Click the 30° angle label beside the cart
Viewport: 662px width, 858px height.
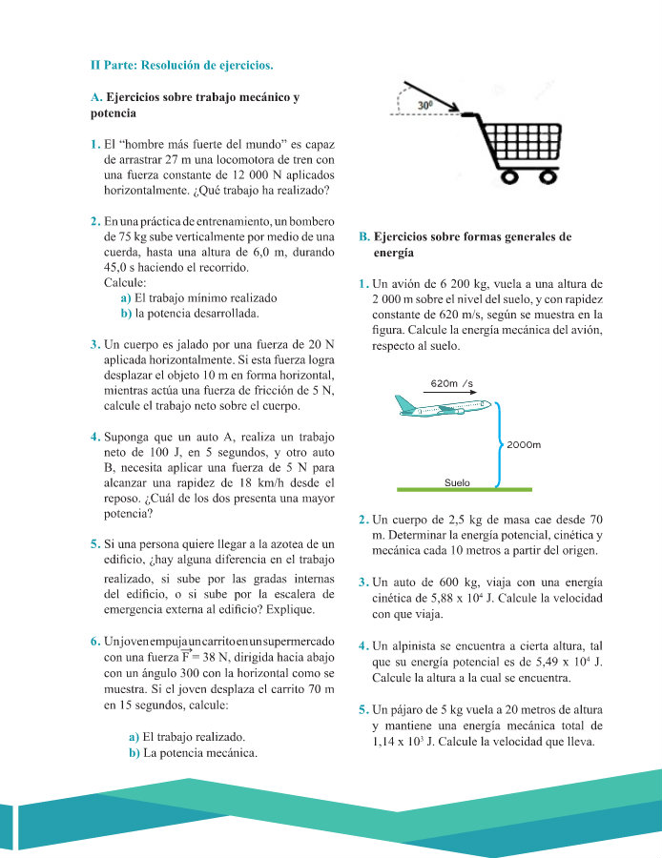(x=424, y=105)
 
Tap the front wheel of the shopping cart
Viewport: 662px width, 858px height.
(x=548, y=176)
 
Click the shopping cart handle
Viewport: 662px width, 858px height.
(x=469, y=114)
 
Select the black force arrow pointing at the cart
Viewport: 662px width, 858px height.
(x=431, y=96)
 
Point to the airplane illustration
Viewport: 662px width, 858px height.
(x=443, y=405)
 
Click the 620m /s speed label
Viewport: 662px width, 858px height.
(x=452, y=383)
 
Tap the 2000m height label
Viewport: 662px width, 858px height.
(x=524, y=444)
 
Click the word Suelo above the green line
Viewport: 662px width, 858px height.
(x=457, y=482)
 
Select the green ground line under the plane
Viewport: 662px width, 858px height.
(x=465, y=489)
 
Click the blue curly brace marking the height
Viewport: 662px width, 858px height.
(x=499, y=444)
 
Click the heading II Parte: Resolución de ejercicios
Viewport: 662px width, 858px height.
(x=182, y=65)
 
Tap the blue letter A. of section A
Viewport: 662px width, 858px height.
(x=96, y=97)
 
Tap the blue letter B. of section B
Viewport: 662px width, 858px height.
(x=364, y=237)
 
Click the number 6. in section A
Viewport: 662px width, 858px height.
(x=95, y=642)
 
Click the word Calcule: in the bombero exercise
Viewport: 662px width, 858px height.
(x=125, y=283)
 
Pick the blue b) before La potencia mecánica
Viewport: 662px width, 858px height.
(x=134, y=753)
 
